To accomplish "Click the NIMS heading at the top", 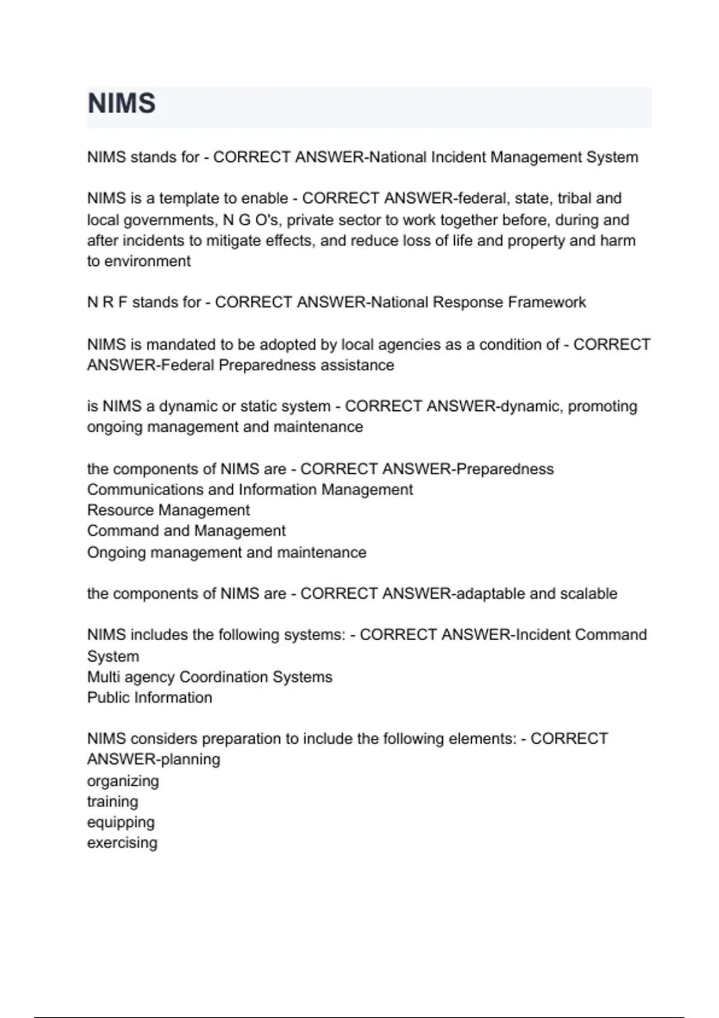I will point(122,104).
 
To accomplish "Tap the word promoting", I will point(602,407).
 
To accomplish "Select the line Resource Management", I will point(168,510).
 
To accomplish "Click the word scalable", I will point(588,593).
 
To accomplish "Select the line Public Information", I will point(150,698).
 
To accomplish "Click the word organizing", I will point(123,781).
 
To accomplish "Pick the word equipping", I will point(121,823).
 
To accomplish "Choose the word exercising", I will point(122,843).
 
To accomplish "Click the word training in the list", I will point(113,802).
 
